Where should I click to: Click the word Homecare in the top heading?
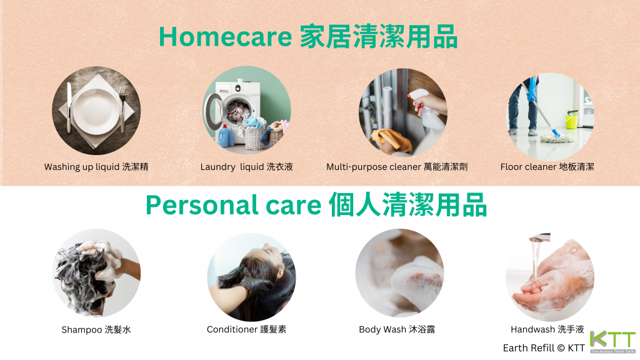click(225, 36)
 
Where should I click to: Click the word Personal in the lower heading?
click(202, 204)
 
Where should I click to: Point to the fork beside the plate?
click(122, 109)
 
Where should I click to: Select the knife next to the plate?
click(69, 107)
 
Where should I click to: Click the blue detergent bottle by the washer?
click(226, 136)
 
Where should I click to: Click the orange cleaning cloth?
click(392, 139)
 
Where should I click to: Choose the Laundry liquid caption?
click(246, 166)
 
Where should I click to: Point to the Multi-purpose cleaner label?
click(397, 166)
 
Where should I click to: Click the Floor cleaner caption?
click(547, 166)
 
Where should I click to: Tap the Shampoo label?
click(96, 329)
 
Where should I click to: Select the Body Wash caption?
click(397, 329)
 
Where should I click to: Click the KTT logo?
click(612, 342)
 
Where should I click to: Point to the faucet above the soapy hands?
click(539, 238)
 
